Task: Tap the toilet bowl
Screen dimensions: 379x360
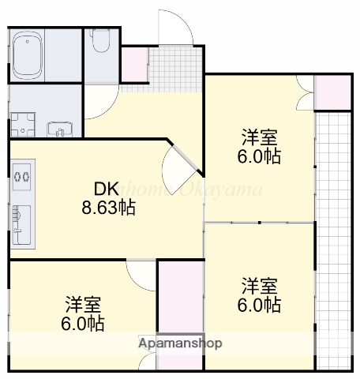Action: tap(100, 41)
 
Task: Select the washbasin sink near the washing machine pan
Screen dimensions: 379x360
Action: tap(59, 126)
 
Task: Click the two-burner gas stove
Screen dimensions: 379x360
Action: tap(21, 175)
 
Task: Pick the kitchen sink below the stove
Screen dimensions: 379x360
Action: tap(21, 222)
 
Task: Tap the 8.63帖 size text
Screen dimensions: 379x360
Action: tap(107, 208)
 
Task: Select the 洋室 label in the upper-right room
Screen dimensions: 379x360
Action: tap(259, 137)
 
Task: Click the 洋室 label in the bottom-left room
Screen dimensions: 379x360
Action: tap(84, 304)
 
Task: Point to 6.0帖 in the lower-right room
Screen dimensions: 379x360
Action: tap(259, 304)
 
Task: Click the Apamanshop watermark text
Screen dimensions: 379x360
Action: tap(180, 343)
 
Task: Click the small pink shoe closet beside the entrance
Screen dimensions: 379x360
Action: tap(133, 64)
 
